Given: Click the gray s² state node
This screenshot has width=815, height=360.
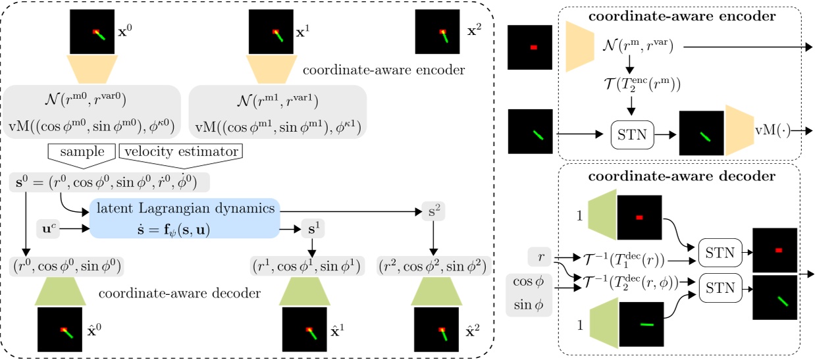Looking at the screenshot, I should tap(433, 211).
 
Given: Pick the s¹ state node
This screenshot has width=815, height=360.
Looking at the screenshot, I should tap(312, 230).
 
